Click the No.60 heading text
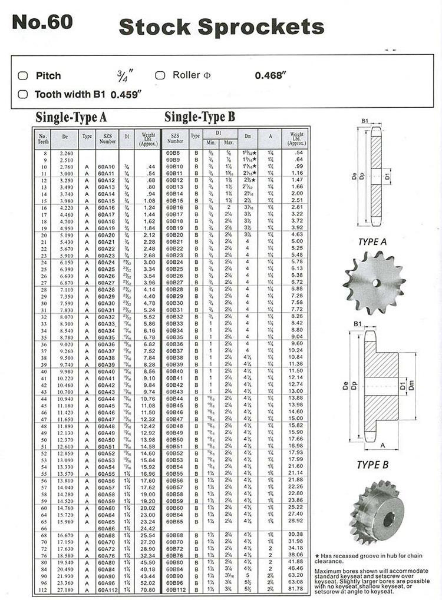42,22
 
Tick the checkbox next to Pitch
23,75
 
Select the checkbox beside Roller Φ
160,75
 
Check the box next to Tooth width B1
23,94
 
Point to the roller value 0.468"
270,75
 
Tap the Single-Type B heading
200,117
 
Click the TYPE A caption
372,241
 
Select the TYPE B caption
372,465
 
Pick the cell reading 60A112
107,589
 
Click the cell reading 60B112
175,589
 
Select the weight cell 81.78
296,589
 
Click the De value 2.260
66,153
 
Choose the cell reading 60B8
173,153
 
